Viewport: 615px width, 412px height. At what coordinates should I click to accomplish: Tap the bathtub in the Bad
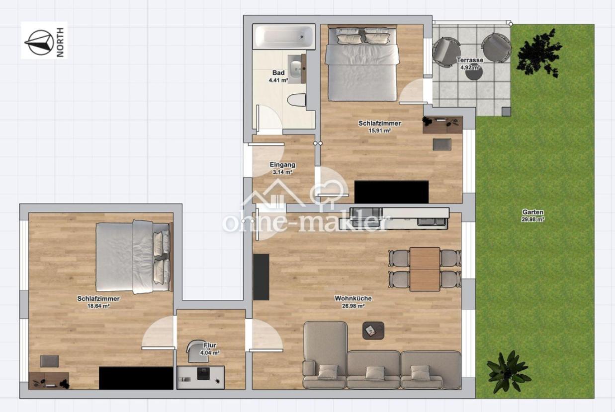[283, 37]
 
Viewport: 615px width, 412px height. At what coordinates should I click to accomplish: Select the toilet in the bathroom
[297, 100]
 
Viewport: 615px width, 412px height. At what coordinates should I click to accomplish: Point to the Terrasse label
[470, 60]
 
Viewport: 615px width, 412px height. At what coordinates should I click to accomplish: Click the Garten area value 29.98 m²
[533, 219]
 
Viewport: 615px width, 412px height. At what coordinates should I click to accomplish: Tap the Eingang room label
[282, 165]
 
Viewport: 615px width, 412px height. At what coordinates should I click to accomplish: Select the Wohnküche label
[353, 298]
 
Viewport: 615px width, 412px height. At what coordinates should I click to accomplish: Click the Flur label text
[210, 345]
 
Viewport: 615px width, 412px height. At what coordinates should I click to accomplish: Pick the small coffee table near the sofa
[373, 331]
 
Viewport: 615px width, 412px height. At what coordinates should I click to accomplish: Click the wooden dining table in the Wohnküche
[425, 269]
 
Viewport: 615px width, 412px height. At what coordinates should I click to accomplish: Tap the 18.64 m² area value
[98, 306]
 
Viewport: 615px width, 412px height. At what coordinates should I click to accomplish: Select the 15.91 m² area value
[380, 131]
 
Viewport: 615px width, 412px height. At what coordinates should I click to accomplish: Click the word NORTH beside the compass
[60, 43]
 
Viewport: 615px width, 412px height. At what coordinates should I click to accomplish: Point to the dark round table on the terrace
[474, 72]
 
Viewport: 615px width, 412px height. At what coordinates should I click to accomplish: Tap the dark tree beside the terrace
[538, 52]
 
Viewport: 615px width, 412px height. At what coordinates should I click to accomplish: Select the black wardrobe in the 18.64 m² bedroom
[136, 378]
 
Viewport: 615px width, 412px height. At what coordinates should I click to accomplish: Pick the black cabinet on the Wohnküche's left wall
[261, 277]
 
